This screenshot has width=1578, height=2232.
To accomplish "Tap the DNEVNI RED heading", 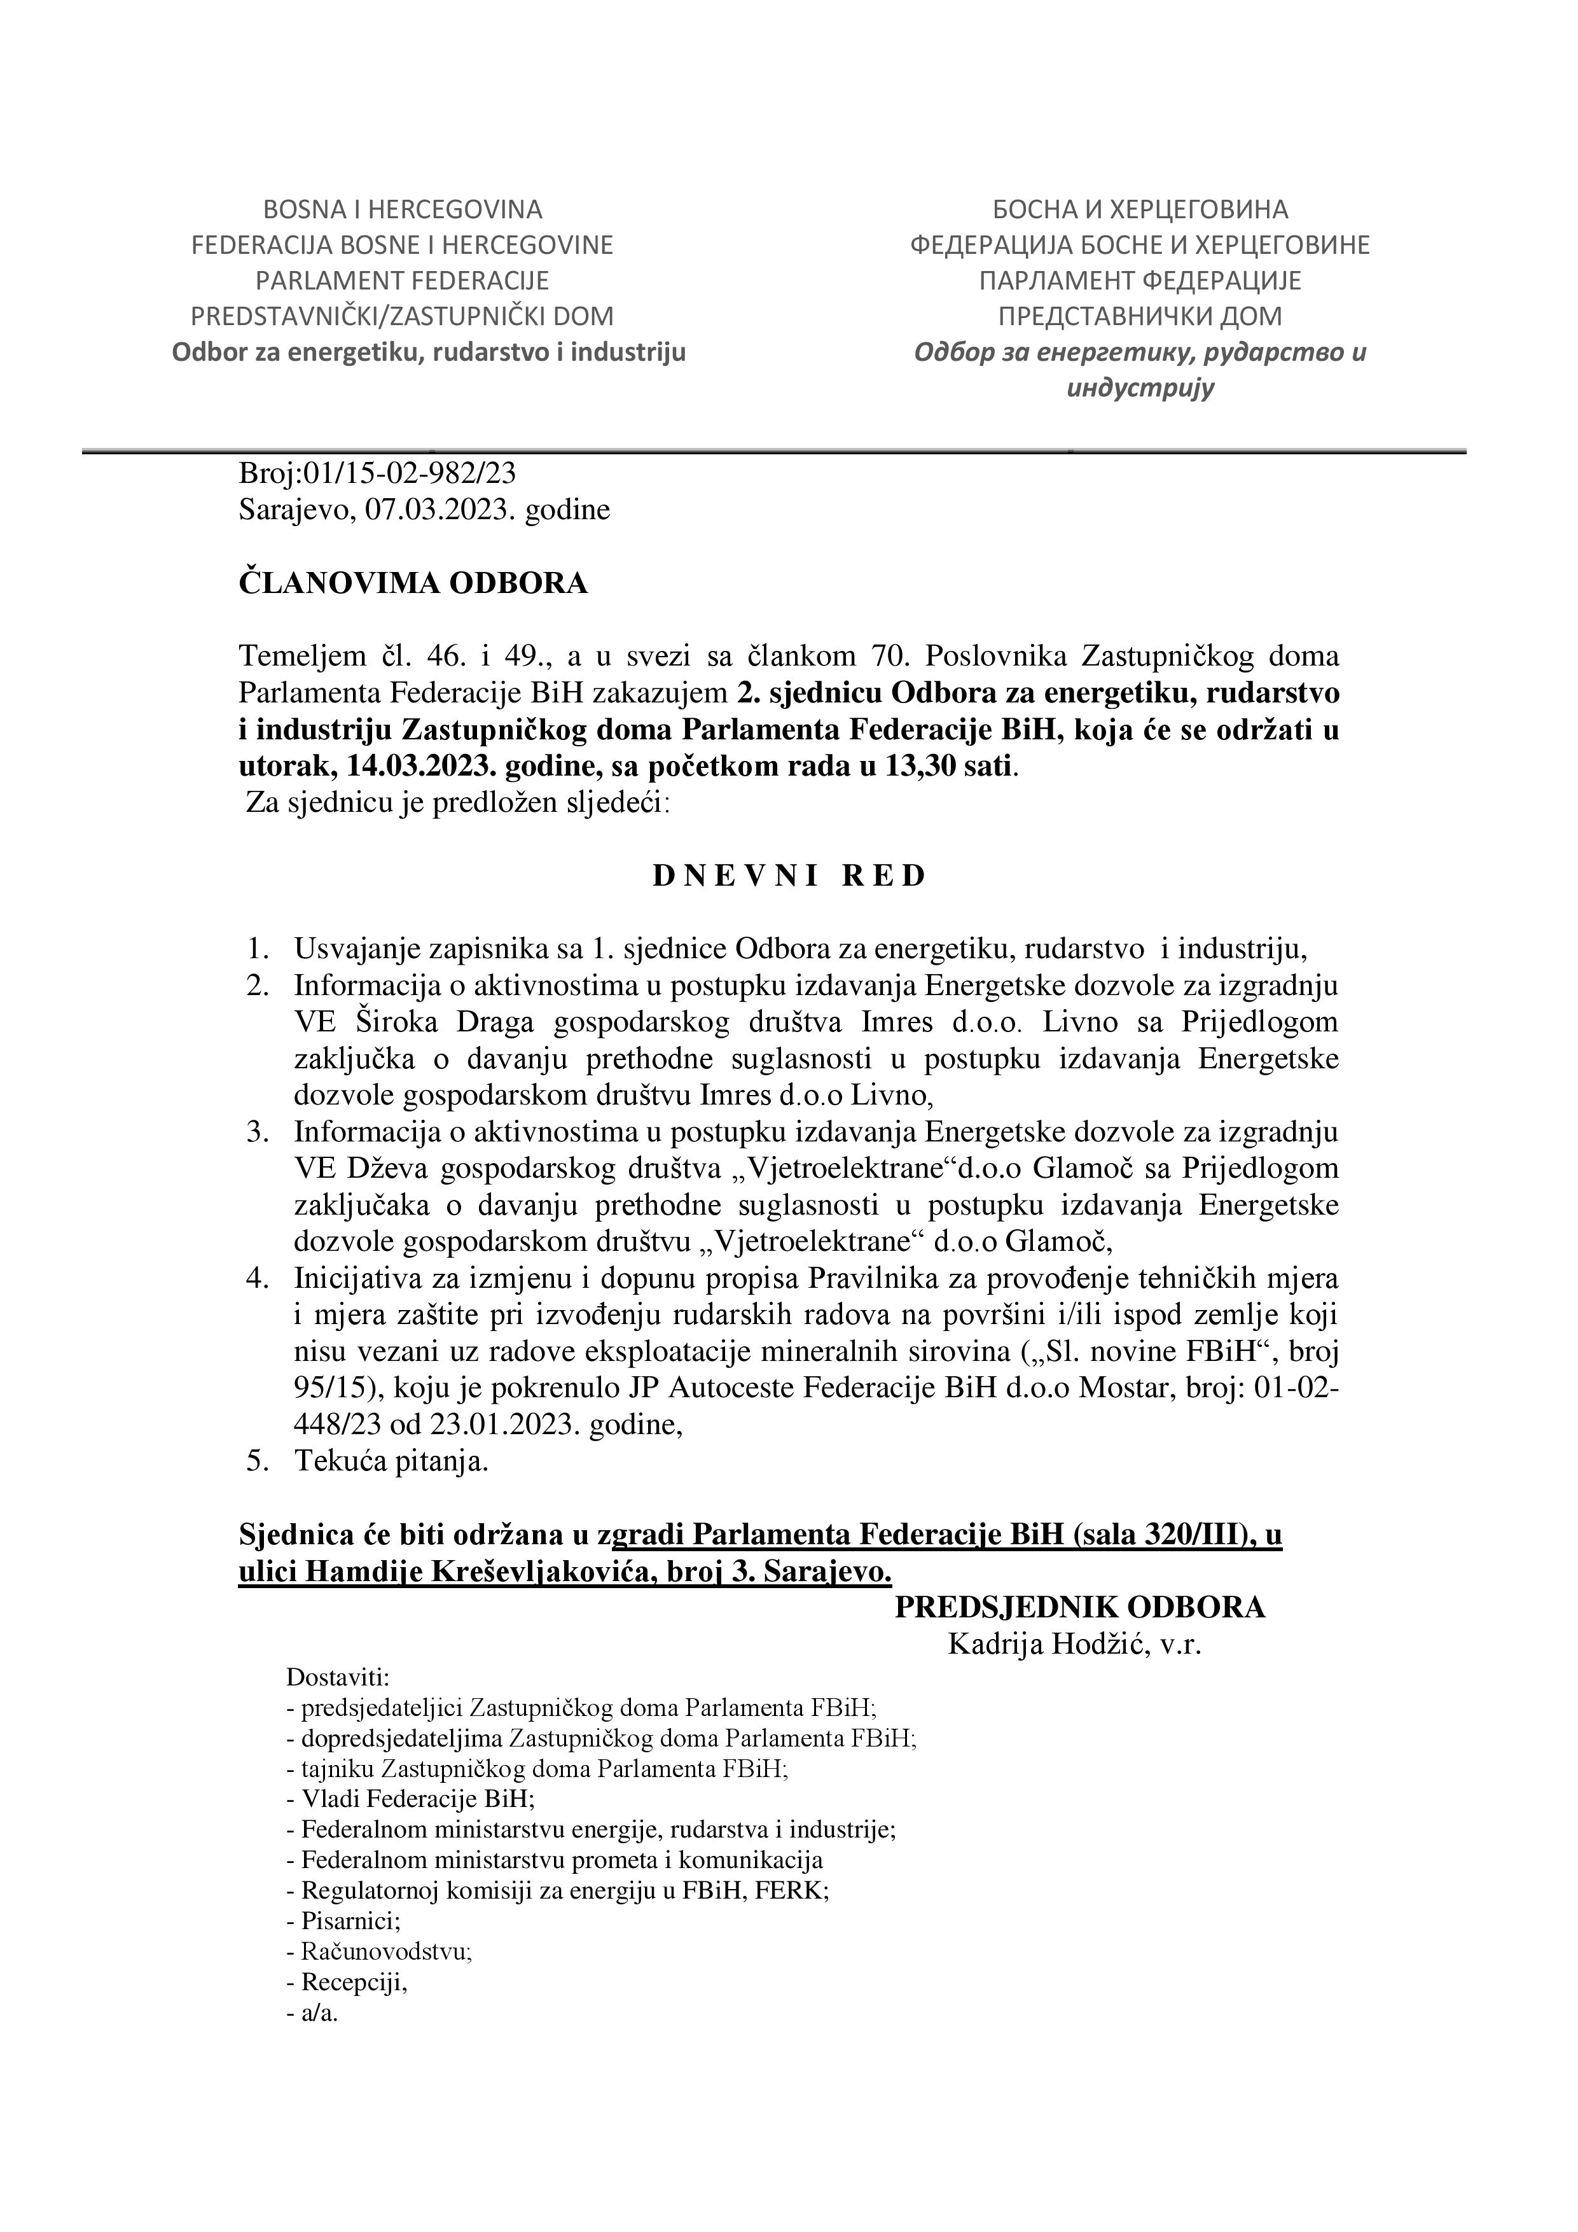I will click(789, 876).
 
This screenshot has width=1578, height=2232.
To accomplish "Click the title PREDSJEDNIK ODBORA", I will click(1079, 1608).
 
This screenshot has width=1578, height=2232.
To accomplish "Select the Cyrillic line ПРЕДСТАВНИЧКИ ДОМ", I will click(1140, 316).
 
